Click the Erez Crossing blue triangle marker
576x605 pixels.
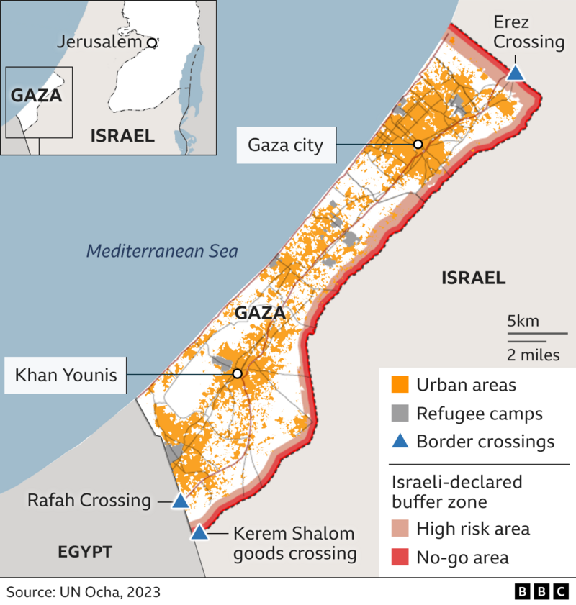tap(516, 73)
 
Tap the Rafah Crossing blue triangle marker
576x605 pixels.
tap(179, 501)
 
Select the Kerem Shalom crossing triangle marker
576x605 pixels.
tap(199, 533)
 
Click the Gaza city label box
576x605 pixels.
tap(286, 145)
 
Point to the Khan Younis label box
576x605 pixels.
tap(66, 374)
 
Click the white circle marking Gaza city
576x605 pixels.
tap(418, 145)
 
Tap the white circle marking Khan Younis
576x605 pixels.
tap(237, 374)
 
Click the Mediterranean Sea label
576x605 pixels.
tap(161, 251)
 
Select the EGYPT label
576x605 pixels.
tap(85, 552)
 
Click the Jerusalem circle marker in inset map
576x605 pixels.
tap(151, 43)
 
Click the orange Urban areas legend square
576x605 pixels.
tap(400, 385)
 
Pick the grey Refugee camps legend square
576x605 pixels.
tap(400, 414)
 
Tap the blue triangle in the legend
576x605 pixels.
tap(400, 441)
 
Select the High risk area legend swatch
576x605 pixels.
tap(400, 529)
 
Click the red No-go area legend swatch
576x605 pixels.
tap(400, 557)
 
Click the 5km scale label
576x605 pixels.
tap(523, 321)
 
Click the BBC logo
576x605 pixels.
tap(541, 591)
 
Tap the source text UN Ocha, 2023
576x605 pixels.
tap(84, 592)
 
